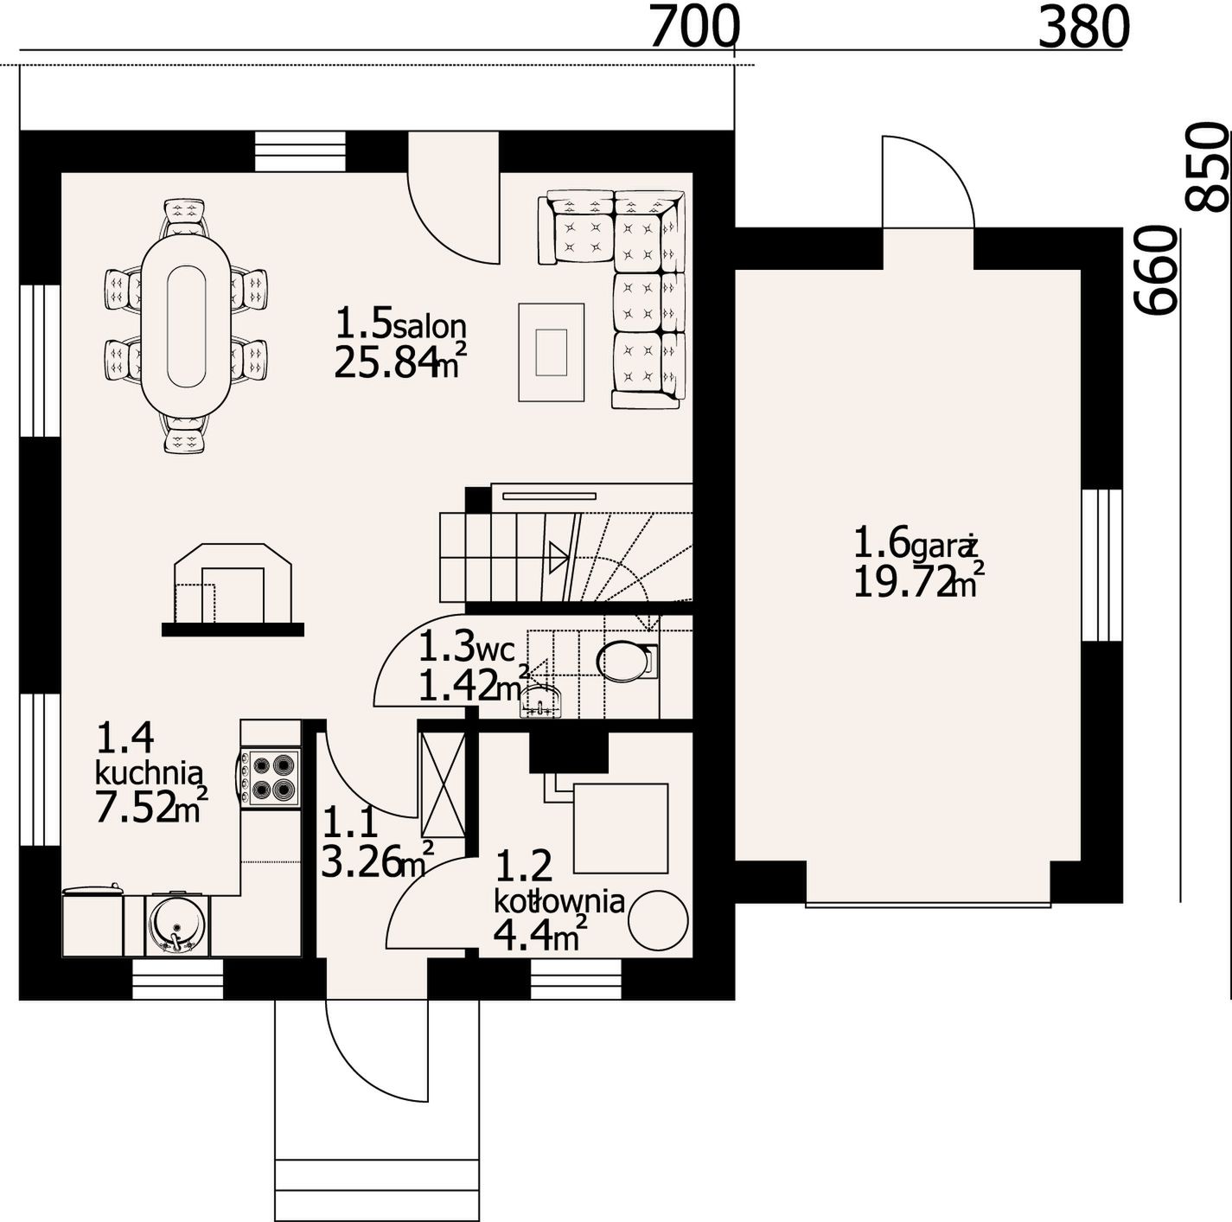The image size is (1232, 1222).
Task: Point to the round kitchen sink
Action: pyautogui.click(x=176, y=925)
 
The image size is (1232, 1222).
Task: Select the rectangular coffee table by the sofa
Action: pyautogui.click(x=551, y=352)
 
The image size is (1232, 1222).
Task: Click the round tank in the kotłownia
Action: pyautogui.click(x=658, y=921)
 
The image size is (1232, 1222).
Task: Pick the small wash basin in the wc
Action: pyautogui.click(x=542, y=702)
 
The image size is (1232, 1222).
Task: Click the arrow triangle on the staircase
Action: pyautogui.click(x=559, y=558)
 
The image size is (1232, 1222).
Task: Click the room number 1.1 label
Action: pyautogui.click(x=351, y=822)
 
